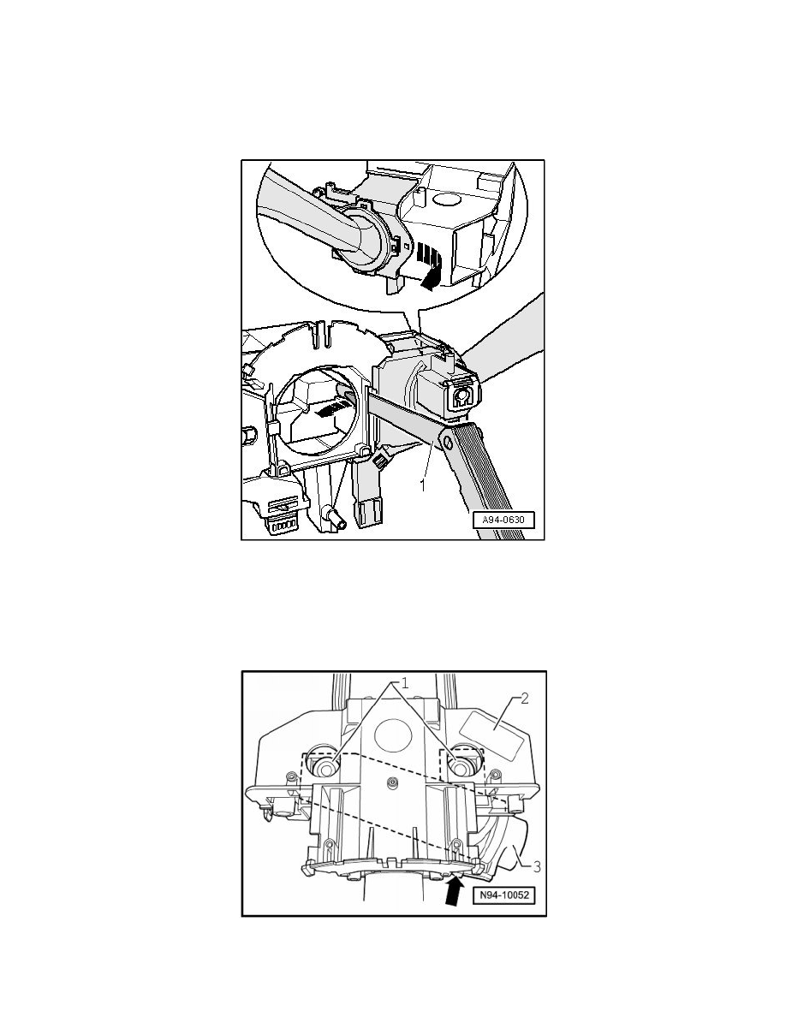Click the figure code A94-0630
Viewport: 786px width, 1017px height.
[503, 520]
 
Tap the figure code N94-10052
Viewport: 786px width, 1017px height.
[504, 895]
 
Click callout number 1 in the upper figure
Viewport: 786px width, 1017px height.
[422, 485]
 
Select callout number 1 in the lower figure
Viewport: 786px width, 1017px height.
[404, 683]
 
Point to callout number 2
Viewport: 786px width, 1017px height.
[525, 698]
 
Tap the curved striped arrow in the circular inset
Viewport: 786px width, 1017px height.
[429, 265]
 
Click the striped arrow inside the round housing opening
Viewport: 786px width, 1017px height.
[330, 408]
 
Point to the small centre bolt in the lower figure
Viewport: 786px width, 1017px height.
[391, 782]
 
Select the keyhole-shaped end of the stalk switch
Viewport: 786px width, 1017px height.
[461, 397]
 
